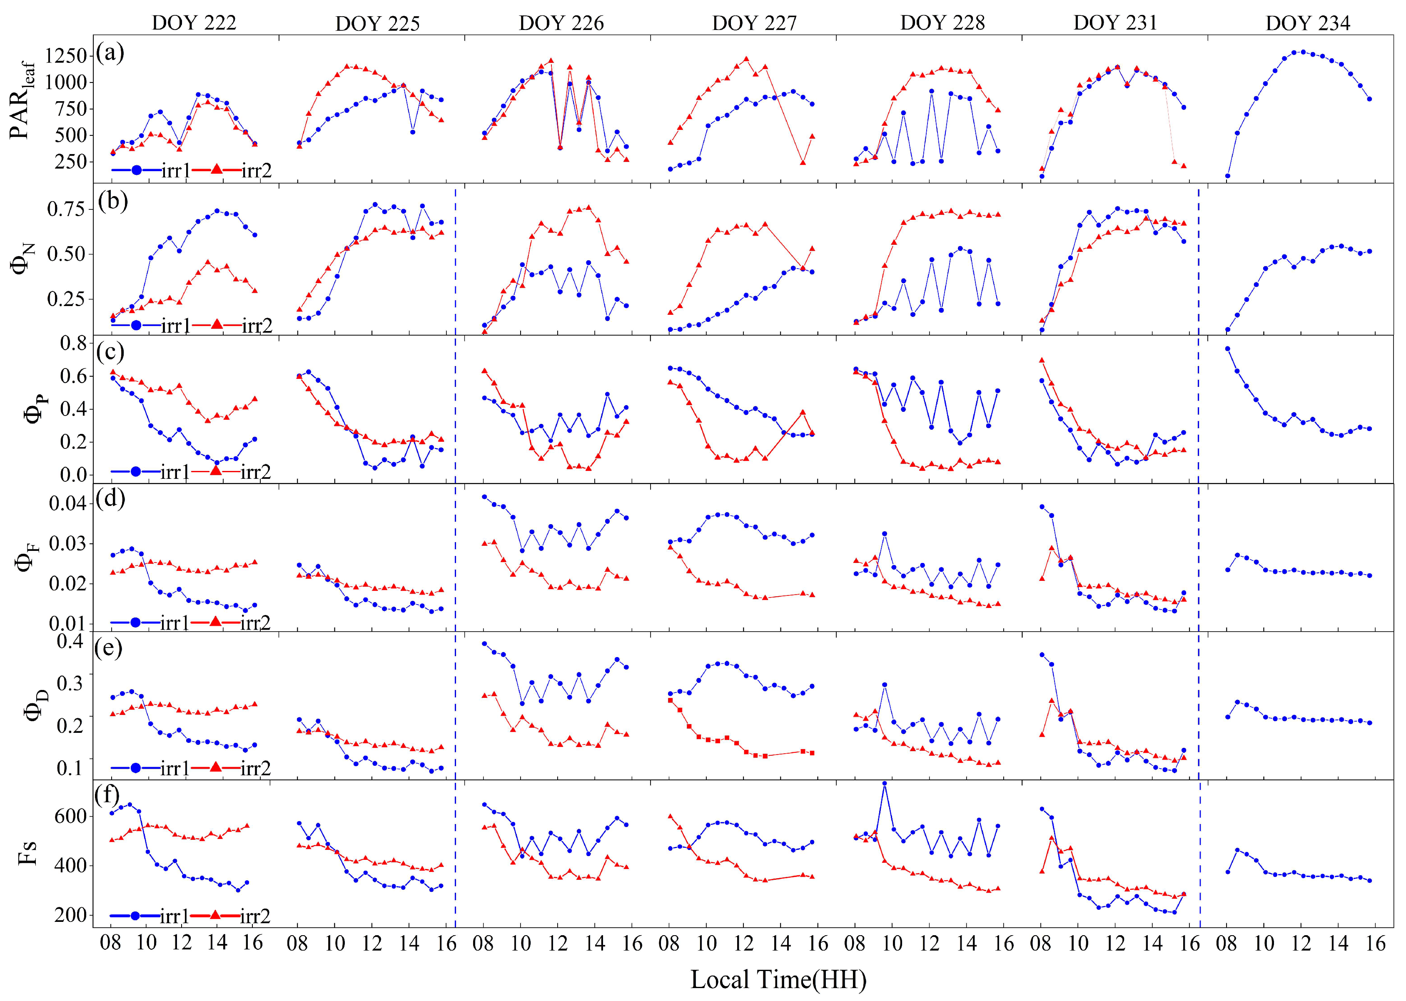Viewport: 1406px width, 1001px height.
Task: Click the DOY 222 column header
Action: click(194, 23)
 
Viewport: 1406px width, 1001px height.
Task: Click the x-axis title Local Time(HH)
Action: click(778, 979)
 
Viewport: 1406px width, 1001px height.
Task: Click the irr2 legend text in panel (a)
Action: click(257, 170)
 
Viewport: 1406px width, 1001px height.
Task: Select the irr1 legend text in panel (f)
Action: click(175, 916)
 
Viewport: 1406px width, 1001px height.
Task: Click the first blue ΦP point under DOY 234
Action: click(1227, 349)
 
